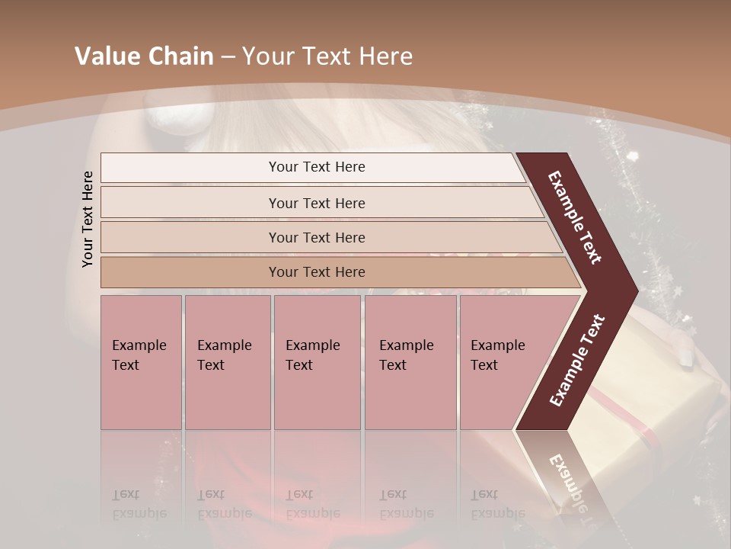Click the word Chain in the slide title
click(x=181, y=56)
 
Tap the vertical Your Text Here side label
click(x=88, y=219)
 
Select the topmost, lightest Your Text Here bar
click(x=316, y=167)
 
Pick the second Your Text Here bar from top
click(x=316, y=203)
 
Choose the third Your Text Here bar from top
click(x=316, y=237)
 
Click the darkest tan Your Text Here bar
click(x=316, y=272)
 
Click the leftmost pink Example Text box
click(x=141, y=362)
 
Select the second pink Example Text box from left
click(x=228, y=362)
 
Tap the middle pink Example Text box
click(x=317, y=362)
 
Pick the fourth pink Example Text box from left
click(x=410, y=362)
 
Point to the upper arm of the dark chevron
click(x=576, y=218)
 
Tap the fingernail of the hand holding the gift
click(x=686, y=358)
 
